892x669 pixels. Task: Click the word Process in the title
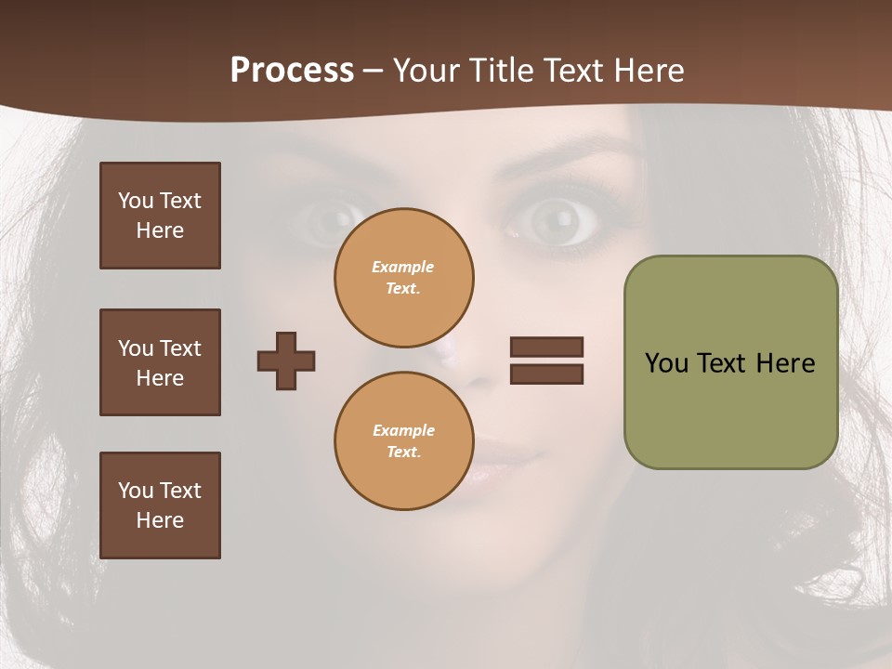pyautogui.click(x=292, y=71)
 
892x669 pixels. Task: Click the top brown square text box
pyautogui.click(x=160, y=216)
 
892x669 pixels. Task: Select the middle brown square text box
pyautogui.click(x=160, y=362)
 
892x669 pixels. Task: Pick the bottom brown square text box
pyautogui.click(x=160, y=505)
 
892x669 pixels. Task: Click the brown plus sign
pyautogui.click(x=286, y=361)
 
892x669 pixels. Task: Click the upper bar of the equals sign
pyautogui.click(x=546, y=347)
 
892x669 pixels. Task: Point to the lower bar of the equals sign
pyautogui.click(x=546, y=374)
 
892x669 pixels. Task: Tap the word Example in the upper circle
pyautogui.click(x=403, y=267)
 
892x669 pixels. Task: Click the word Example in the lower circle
pyautogui.click(x=403, y=430)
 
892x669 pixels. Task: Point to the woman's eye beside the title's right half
pyautogui.click(x=554, y=219)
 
